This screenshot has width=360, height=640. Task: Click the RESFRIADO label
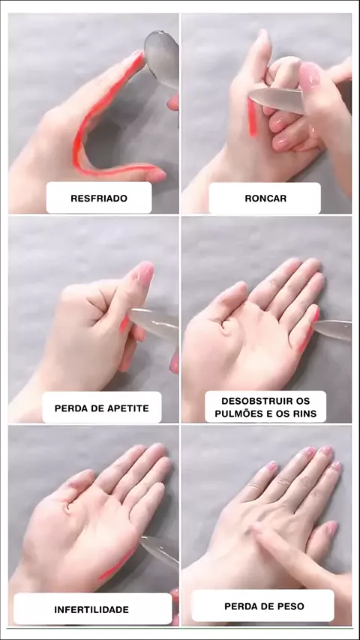pyautogui.click(x=99, y=199)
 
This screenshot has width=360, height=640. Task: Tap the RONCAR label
pyautogui.click(x=265, y=199)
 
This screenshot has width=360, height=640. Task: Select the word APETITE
pyautogui.click(x=126, y=408)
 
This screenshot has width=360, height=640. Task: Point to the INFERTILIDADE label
pyautogui.click(x=91, y=610)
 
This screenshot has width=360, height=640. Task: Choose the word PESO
pyautogui.click(x=292, y=606)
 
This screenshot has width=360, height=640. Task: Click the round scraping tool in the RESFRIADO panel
pyautogui.click(x=161, y=57)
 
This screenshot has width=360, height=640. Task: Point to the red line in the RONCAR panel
pyautogui.click(x=253, y=117)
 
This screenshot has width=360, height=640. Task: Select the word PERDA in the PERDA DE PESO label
pyautogui.click(x=238, y=606)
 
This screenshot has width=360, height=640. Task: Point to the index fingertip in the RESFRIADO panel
pyautogui.click(x=138, y=57)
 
